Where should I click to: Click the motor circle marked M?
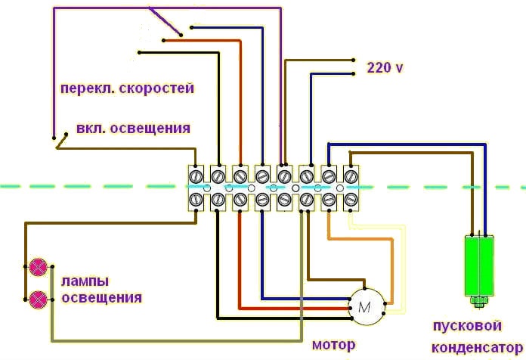[367, 307]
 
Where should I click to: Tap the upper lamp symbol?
[38, 268]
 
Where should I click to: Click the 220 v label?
[385, 67]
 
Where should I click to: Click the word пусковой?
[467, 327]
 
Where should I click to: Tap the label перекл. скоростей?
[128, 88]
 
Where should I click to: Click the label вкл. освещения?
[133, 128]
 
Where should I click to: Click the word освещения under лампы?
[101, 298]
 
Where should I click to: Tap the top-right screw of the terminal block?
[351, 175]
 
